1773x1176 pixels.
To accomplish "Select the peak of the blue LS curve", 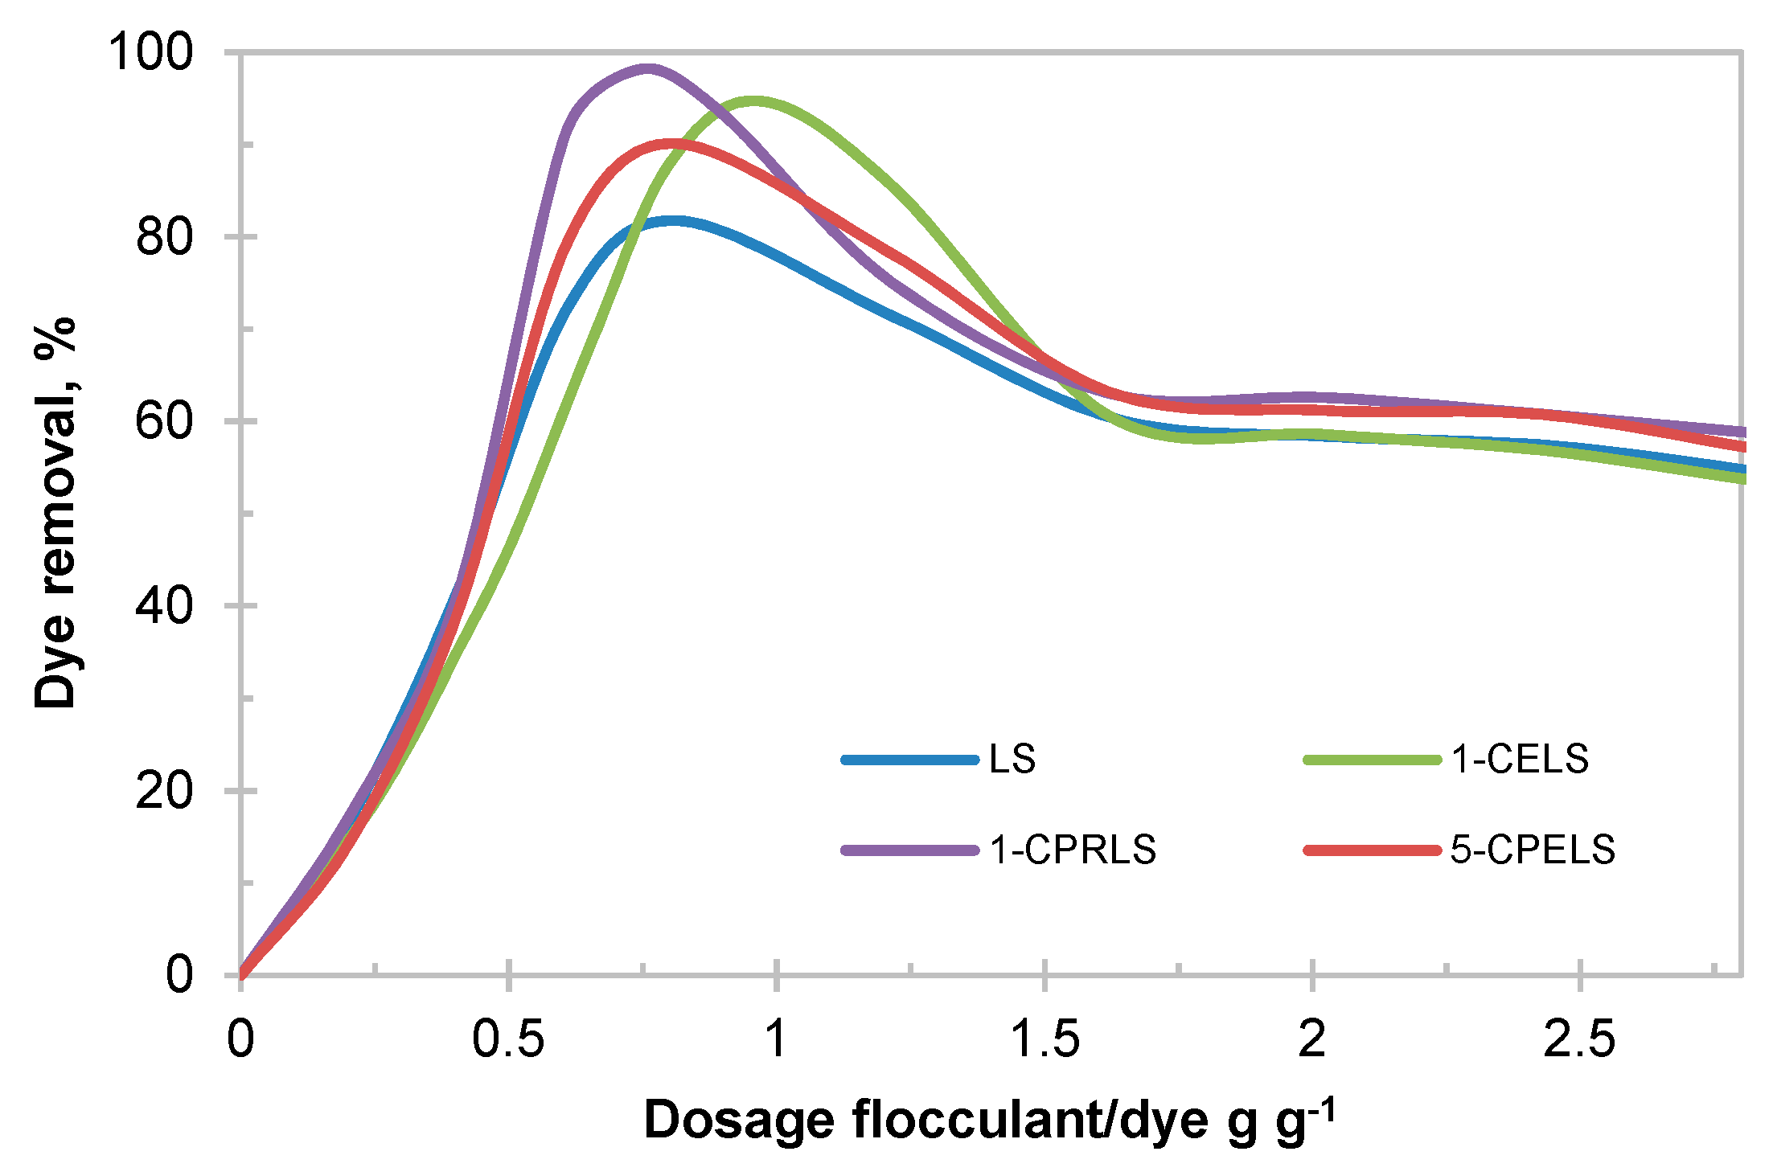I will point(671,220).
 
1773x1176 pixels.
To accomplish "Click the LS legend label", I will point(1012,759).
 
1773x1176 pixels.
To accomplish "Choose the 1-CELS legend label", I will point(1520,759).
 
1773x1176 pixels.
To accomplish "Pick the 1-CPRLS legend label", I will point(1073,850).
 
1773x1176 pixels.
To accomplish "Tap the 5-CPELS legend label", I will point(1533,850).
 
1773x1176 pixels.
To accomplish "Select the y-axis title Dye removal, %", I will point(55,513).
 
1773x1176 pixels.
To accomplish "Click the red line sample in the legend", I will point(1372,850).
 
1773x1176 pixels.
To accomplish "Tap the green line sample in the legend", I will point(1372,759).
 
